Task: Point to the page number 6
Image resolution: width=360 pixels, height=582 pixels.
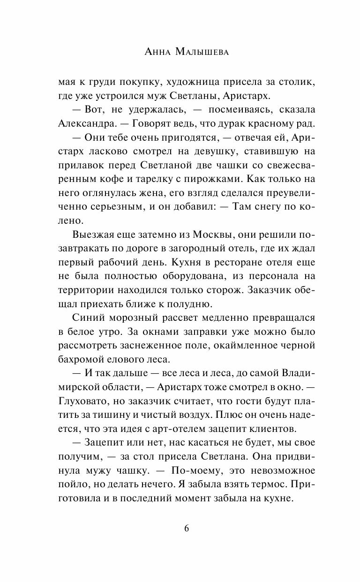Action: pos(187,529)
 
